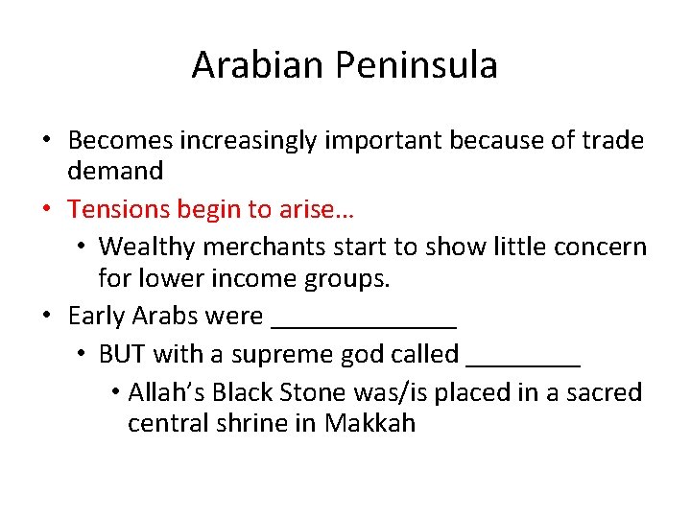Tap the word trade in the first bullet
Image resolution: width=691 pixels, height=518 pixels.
611,141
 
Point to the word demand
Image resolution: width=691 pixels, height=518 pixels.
115,172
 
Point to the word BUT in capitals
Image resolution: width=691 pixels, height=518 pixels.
122,354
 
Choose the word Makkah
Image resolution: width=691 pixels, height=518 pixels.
369,423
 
